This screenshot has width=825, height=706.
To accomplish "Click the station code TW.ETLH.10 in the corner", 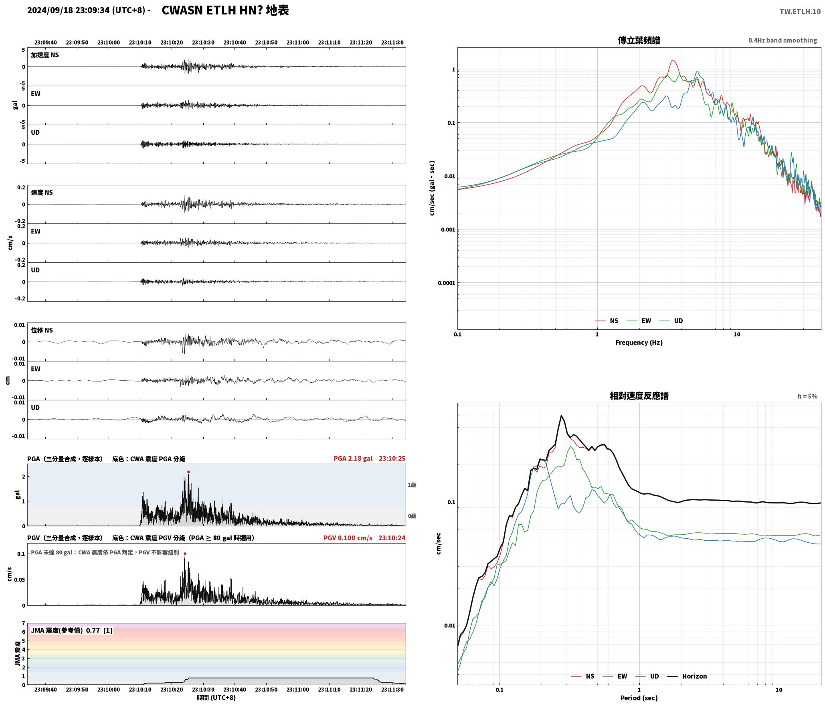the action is (x=800, y=12).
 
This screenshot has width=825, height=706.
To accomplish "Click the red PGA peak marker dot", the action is (x=188, y=472).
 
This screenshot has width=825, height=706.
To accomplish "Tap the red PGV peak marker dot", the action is (x=185, y=554).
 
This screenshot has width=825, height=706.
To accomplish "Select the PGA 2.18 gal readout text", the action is (x=353, y=458).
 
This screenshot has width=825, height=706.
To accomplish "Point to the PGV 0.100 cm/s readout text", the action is (x=348, y=538).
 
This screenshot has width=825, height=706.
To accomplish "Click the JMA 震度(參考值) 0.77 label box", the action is (x=72, y=631).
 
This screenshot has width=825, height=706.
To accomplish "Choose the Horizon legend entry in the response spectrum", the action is (x=687, y=676).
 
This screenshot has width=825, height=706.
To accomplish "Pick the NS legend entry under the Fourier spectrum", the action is (x=607, y=321).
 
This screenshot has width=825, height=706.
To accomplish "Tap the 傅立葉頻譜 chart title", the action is (x=639, y=41).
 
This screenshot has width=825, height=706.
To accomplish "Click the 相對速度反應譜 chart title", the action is (x=639, y=396).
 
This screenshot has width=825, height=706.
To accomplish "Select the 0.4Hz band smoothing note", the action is (x=783, y=41).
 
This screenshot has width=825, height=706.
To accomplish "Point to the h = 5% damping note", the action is (x=807, y=396).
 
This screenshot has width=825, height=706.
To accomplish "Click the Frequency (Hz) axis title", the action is (x=639, y=343).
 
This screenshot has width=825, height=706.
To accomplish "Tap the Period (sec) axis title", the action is (x=639, y=698).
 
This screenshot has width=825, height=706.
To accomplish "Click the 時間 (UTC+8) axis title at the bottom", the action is (x=216, y=698).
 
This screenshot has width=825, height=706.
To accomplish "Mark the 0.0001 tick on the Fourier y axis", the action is (x=446, y=283).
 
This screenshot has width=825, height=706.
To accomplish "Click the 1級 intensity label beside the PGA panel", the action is (x=412, y=485).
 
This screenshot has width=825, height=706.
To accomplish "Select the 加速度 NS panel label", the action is (x=45, y=55).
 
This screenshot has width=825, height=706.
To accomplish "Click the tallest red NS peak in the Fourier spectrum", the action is (x=673, y=61).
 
